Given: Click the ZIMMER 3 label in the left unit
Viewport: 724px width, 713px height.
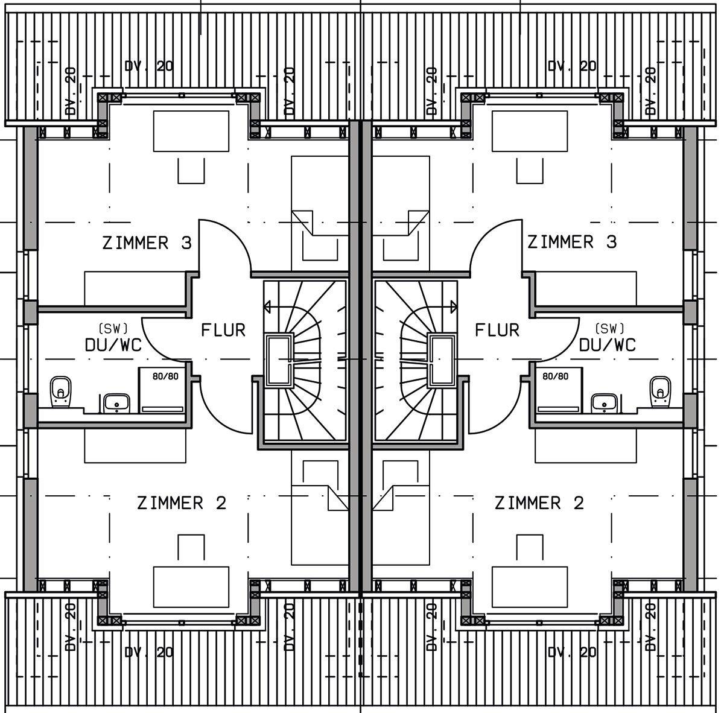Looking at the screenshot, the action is click(147, 243).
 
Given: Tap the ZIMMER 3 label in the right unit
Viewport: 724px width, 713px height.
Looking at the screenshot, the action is click(572, 242).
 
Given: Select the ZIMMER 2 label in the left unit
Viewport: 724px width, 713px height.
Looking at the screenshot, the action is click(182, 502).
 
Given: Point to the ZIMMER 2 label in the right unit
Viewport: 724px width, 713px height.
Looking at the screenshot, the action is click(539, 502).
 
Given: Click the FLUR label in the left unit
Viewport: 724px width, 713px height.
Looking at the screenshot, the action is click(223, 330).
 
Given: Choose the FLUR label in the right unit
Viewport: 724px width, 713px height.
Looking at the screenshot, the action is click(497, 330).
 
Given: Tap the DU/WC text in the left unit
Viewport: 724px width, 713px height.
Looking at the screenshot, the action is click(113, 344).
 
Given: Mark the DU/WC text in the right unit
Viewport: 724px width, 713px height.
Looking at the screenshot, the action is click(608, 344).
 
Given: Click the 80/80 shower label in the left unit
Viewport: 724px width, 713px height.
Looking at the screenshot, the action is click(165, 376).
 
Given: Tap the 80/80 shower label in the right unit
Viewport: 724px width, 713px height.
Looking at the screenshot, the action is click(555, 376).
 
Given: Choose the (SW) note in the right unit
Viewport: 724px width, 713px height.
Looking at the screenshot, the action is click(609, 329).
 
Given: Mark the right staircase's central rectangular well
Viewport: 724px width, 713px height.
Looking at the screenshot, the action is click(443, 361).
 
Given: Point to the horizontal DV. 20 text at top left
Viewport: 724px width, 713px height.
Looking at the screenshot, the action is click(148, 66).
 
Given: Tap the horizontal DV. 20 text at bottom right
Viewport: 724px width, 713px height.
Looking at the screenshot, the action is click(572, 651).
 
